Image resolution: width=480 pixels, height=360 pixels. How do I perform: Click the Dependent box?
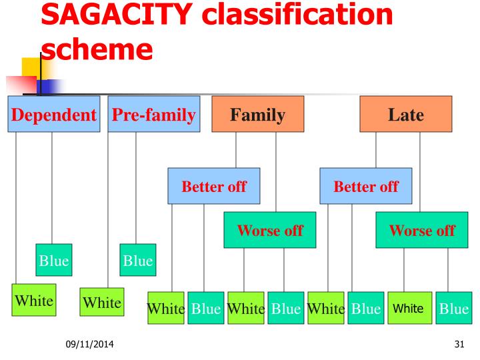pos(53,115)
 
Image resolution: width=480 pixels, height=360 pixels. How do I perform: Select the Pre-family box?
pos(154,115)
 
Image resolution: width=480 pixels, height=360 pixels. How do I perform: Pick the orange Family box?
pos(257,115)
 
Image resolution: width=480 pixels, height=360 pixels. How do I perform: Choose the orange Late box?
pos(405,115)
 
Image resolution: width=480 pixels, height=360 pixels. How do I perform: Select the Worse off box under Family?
pos(269,231)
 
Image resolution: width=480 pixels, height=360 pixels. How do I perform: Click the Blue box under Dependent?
pos(54,261)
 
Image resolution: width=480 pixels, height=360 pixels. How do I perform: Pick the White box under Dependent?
pos(33,301)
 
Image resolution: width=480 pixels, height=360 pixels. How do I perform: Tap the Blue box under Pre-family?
pos(137,261)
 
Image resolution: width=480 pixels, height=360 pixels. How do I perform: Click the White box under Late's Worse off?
pos(408,309)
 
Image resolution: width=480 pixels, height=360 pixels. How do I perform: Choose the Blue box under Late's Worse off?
pos(451,309)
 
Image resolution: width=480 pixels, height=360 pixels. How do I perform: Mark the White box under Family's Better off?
pos(165,309)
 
